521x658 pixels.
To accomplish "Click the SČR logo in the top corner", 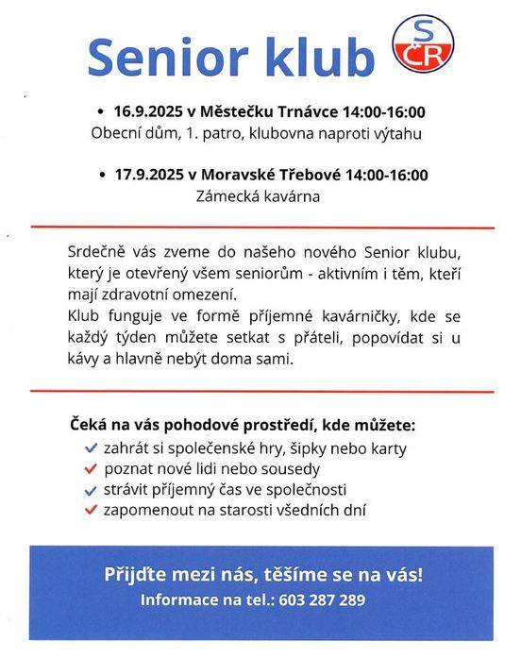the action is (422, 43).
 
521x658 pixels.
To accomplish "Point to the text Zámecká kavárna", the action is (258, 197).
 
